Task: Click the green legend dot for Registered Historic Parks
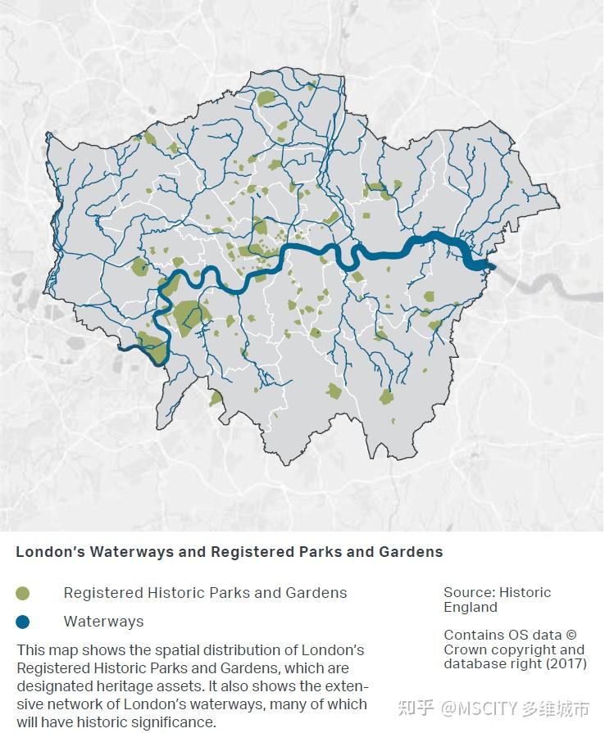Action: tap(23, 593)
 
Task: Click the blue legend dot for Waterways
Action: tap(23, 622)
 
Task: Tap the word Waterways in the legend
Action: tap(103, 622)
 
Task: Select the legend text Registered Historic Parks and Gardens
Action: tap(205, 593)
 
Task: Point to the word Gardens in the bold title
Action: tap(411, 552)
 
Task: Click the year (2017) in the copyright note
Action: tap(565, 663)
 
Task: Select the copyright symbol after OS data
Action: tap(571, 635)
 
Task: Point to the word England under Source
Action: tap(471, 607)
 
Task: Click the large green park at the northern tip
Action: tap(266, 99)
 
